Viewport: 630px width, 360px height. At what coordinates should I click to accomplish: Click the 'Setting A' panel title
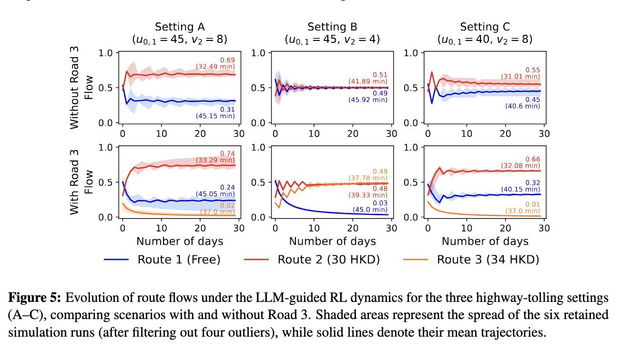[179, 27]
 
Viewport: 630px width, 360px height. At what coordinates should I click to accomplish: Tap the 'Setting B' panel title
[332, 27]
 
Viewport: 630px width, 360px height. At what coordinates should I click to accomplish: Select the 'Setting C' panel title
[485, 27]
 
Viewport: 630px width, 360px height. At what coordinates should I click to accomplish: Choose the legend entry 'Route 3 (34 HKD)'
[488, 260]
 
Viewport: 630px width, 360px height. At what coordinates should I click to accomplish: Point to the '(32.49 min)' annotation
[215, 67]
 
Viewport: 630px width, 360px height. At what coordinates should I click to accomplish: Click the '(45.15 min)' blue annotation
[215, 116]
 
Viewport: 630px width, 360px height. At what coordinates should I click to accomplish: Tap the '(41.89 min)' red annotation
[368, 81]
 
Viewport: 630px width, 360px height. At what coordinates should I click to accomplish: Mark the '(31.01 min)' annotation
[520, 76]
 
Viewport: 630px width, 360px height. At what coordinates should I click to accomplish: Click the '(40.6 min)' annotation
[522, 106]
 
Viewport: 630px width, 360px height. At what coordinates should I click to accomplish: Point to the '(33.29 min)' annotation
[215, 160]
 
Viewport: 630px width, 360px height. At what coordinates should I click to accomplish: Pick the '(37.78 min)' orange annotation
[368, 178]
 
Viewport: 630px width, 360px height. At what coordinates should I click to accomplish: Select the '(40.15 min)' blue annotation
[520, 189]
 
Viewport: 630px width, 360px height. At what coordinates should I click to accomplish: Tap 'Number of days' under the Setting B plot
[332, 241]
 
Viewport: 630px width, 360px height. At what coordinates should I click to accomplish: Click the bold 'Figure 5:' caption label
[35, 299]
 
